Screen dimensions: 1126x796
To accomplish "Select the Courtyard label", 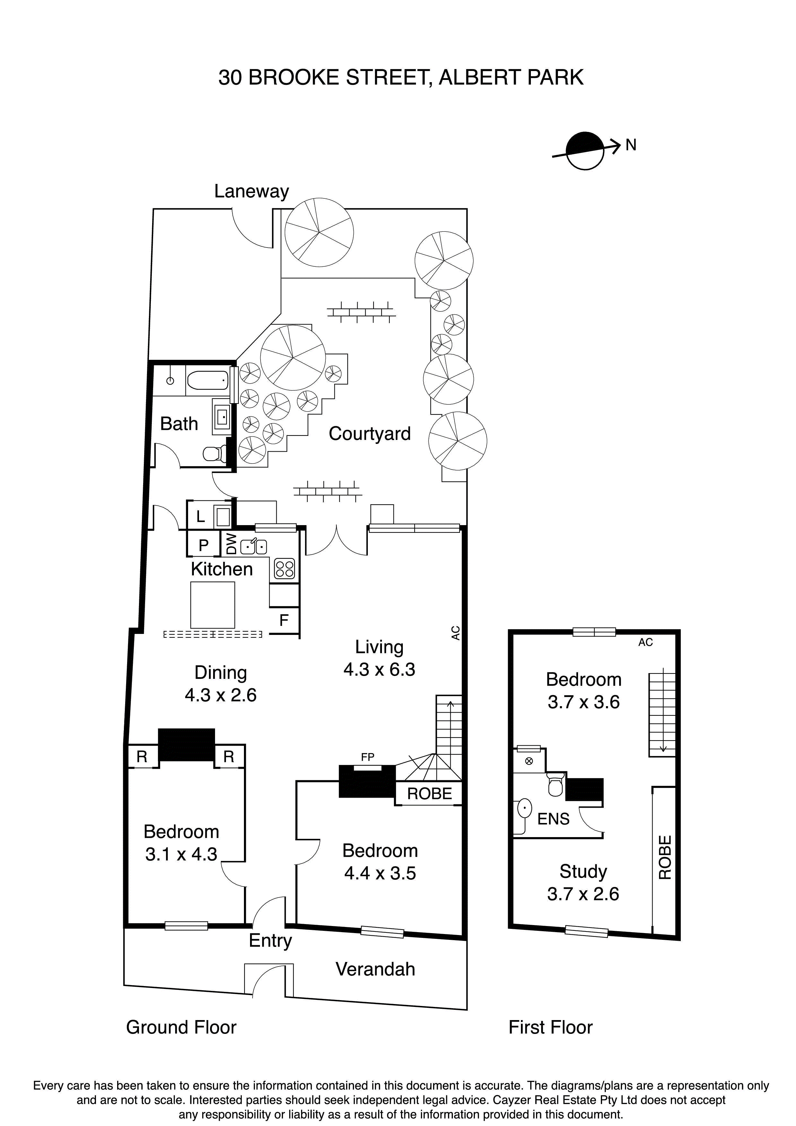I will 369,434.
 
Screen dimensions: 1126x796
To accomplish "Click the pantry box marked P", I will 203,545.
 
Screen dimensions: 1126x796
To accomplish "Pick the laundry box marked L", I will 200,516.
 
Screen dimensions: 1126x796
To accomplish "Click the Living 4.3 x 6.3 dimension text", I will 379,670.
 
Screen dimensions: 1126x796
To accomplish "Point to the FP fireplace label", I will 367,757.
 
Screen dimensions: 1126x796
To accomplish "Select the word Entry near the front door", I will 270,940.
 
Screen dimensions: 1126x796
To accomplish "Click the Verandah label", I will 375,969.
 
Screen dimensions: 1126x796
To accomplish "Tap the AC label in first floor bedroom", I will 645,642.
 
